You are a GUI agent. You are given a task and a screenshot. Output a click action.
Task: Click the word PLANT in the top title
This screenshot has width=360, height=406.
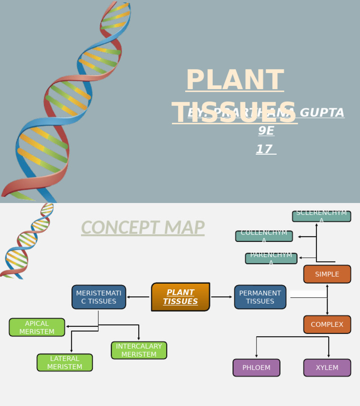(x=234, y=80)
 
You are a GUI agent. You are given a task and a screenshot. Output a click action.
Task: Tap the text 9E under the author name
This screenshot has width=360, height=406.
(x=266, y=131)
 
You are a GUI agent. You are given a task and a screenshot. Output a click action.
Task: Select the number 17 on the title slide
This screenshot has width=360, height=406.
(x=264, y=150)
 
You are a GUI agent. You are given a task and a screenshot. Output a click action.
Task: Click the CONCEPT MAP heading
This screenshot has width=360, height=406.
(x=142, y=228)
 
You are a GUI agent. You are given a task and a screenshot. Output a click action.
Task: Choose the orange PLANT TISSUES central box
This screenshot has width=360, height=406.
(x=180, y=297)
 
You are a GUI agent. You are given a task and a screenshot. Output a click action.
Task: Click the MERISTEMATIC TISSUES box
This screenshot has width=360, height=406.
(x=99, y=297)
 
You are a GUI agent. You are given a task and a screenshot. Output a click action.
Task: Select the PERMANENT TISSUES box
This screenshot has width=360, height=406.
(x=260, y=297)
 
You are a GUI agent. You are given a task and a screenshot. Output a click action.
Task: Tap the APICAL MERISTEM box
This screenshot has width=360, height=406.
(x=37, y=327)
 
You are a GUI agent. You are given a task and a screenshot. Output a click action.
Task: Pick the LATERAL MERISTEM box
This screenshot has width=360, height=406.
(x=65, y=362)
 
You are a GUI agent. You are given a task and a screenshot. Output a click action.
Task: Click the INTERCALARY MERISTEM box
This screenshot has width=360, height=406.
(x=139, y=350)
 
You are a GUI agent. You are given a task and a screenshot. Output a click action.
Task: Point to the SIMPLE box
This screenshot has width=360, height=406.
(x=327, y=274)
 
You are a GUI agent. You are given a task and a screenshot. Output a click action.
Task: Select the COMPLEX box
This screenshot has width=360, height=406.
(x=327, y=324)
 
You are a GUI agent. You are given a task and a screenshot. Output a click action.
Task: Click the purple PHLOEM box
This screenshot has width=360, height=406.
(x=256, y=368)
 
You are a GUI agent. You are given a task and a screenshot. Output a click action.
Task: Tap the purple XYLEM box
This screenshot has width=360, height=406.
(x=327, y=368)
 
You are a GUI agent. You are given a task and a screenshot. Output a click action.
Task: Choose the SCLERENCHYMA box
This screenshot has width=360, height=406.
(x=322, y=216)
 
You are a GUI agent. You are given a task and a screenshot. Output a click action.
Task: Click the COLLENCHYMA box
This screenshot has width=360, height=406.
(x=264, y=236)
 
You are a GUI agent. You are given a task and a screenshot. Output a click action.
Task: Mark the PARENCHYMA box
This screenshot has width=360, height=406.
(x=271, y=258)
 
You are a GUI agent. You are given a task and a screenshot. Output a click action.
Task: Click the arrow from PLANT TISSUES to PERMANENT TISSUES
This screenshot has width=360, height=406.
(x=222, y=297)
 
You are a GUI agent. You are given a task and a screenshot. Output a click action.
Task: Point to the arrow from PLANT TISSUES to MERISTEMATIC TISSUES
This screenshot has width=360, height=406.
(x=138, y=297)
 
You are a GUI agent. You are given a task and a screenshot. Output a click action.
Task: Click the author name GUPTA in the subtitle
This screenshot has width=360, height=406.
(x=322, y=113)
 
